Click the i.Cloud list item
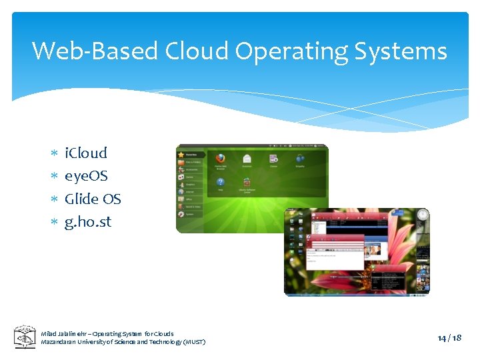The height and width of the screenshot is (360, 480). (x=85, y=153)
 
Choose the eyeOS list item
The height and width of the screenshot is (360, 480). (x=86, y=176)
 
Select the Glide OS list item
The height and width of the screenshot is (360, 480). (x=93, y=199)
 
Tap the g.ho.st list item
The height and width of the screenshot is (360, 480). (x=88, y=221)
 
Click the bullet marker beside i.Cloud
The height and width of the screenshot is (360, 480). (x=54, y=154)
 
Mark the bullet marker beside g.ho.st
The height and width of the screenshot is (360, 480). (x=54, y=223)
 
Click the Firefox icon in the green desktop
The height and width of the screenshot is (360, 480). (x=220, y=159)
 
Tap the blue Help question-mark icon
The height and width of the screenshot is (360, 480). (x=220, y=182)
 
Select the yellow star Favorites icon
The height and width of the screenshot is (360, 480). (x=181, y=155)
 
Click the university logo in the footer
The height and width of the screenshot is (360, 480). (x=25, y=337)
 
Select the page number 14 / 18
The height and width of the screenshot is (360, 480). (x=449, y=337)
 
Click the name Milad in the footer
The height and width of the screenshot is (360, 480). (x=49, y=333)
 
